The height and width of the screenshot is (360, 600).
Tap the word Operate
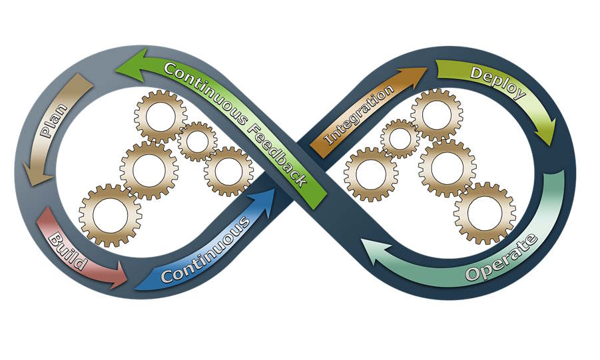[501, 258]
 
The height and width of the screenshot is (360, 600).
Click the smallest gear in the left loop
[197, 141]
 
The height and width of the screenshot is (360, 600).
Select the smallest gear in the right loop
[400, 138]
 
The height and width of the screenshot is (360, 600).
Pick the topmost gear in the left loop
[160, 116]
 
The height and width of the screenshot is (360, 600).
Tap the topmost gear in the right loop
[436, 113]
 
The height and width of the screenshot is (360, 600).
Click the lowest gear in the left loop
[110, 215]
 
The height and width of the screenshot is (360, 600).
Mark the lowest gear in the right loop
[484, 212]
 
